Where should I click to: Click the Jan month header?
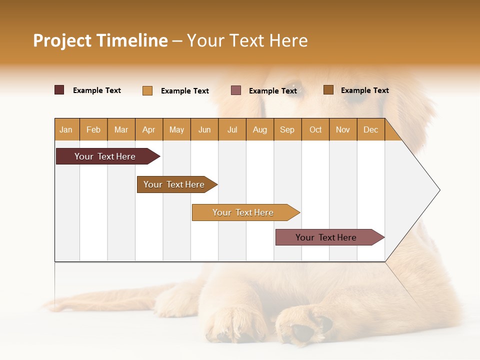click(x=66, y=129)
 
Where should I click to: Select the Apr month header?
click(x=148, y=129)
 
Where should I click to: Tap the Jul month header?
click(x=232, y=129)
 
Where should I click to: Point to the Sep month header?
click(x=287, y=129)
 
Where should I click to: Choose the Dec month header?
click(x=370, y=129)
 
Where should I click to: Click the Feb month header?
click(x=93, y=129)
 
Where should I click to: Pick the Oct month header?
click(x=315, y=129)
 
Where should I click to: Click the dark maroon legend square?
click(x=59, y=90)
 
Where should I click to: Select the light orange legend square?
click(x=147, y=90)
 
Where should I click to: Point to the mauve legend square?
click(x=236, y=90)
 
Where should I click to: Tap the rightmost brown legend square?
click(x=328, y=90)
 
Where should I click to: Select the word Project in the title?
click(x=62, y=40)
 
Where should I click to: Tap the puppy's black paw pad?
click(x=303, y=331)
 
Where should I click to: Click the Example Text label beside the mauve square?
click(x=272, y=91)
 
